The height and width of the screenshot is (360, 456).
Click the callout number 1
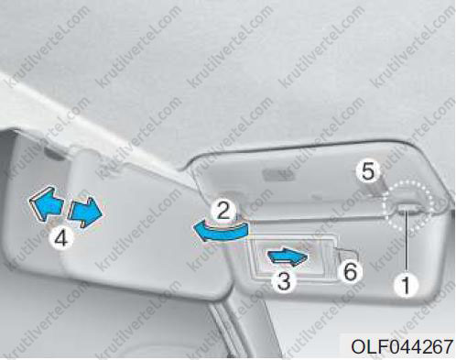[406, 285]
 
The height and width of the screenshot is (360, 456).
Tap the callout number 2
[223, 209]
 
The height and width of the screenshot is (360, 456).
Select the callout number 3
[284, 280]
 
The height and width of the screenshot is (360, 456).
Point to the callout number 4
[61, 238]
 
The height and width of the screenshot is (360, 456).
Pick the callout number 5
[368, 171]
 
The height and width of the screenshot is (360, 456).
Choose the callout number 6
[350, 271]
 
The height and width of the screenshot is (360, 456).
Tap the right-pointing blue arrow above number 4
[85, 212]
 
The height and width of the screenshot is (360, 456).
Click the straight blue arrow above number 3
[288, 256]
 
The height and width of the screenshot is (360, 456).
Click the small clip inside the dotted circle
[407, 208]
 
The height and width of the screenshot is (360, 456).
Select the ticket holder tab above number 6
[346, 253]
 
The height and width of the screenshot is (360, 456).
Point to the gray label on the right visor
[278, 174]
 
